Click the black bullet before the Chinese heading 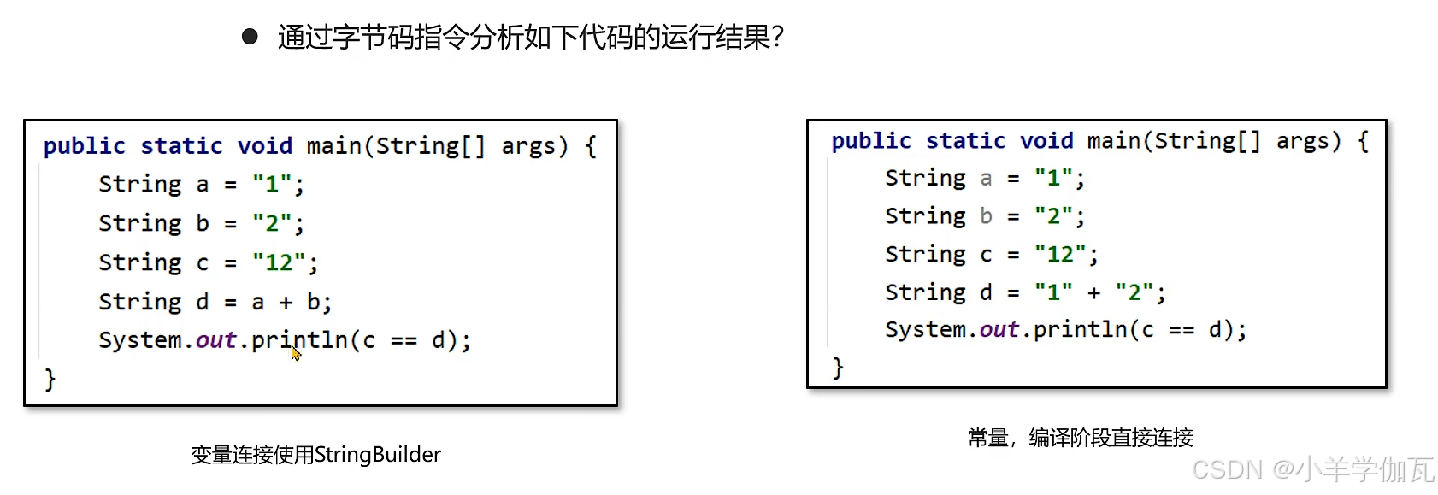pyautogui.click(x=250, y=37)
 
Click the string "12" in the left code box pyautogui.click(x=279, y=262)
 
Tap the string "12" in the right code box pyautogui.click(x=1060, y=254)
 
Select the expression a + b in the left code pyautogui.click(x=286, y=302)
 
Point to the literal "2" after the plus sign pyautogui.click(x=1134, y=292)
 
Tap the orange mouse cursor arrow pyautogui.click(x=296, y=352)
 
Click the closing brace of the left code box pyautogui.click(x=50, y=379)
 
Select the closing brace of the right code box pyautogui.click(x=838, y=368)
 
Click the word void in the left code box pyautogui.click(x=265, y=146)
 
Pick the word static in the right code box pyautogui.click(x=965, y=141)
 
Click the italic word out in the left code pyautogui.click(x=215, y=340)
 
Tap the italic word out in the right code pyautogui.click(x=999, y=330)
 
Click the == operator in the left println pyautogui.click(x=404, y=340)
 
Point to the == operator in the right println pyautogui.click(x=1182, y=330)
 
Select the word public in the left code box pyautogui.click(x=84, y=146)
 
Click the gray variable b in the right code pyautogui.click(x=986, y=216)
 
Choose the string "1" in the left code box pyautogui.click(x=272, y=185)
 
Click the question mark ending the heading pyautogui.click(x=777, y=37)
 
